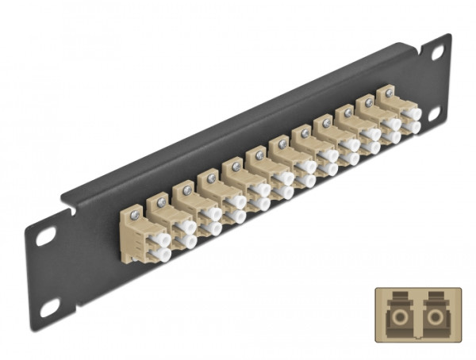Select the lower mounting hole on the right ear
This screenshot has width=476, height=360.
[x=435, y=113]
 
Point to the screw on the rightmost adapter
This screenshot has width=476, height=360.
[x=388, y=94]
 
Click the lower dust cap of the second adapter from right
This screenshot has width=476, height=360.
[x=391, y=137]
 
